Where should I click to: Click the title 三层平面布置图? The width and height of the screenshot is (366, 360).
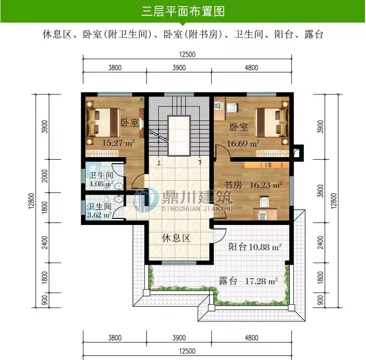(x=183, y=11)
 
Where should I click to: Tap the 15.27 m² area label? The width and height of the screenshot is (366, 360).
(x=118, y=143)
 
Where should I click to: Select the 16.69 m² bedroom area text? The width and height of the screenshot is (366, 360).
(x=243, y=143)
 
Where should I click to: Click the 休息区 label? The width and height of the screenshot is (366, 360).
(x=176, y=238)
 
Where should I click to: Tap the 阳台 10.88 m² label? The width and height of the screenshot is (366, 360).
(x=255, y=247)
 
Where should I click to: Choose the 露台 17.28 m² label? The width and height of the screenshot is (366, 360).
(x=248, y=281)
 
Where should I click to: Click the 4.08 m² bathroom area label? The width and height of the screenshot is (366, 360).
(x=101, y=184)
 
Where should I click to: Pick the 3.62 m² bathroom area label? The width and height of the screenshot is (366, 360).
(x=99, y=214)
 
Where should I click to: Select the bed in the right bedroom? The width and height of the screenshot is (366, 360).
(x=272, y=123)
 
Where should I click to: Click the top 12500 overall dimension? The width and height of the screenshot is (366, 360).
(x=187, y=54)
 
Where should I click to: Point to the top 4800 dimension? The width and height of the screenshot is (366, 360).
(x=252, y=68)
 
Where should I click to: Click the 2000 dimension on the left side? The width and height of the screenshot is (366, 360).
(x=45, y=176)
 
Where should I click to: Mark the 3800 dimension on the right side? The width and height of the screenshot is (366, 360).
(x=321, y=191)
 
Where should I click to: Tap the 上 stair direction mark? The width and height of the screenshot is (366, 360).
(x=159, y=162)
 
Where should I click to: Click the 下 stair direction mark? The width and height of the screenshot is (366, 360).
(x=200, y=162)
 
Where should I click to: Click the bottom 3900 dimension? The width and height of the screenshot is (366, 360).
(x=179, y=337)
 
